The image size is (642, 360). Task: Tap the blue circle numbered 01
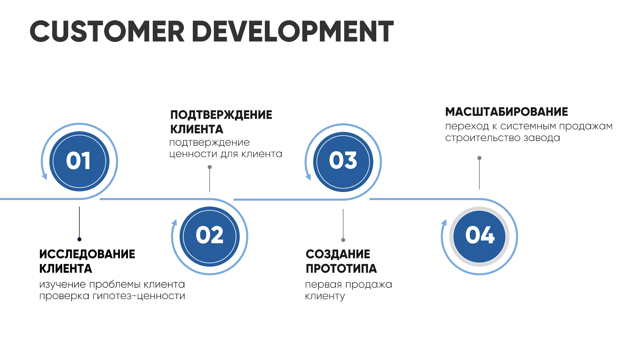tap(79, 161)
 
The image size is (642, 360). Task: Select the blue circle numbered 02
tap(209, 236)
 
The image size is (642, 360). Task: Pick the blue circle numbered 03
tap(343, 162)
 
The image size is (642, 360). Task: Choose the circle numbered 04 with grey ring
tap(479, 236)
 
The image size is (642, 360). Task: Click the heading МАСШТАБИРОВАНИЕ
tap(506, 112)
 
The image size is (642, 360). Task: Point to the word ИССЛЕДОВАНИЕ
tap(87, 254)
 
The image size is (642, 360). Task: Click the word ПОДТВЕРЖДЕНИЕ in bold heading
tap(221, 115)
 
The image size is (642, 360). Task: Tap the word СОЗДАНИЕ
tap(338, 254)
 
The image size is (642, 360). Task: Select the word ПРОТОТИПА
tap(341, 269)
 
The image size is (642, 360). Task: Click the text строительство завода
tap(502, 138)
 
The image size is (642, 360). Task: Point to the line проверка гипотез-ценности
tap(112, 296)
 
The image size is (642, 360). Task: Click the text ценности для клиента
tap(226, 154)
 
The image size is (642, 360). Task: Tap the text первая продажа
tap(348, 284)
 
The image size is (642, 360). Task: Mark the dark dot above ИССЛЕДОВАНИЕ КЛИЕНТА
tap(79, 239)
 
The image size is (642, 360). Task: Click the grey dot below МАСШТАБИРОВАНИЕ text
tap(479, 158)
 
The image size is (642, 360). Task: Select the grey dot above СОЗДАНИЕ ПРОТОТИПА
tap(343, 240)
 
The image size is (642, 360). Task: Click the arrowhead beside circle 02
tap(174, 222)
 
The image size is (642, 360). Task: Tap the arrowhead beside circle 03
tap(308, 177)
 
